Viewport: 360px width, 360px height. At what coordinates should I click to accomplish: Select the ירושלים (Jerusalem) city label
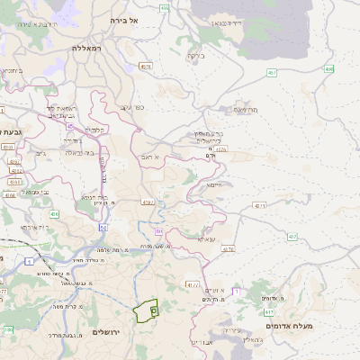(112, 332)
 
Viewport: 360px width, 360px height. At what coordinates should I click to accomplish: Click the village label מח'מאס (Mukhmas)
(246, 110)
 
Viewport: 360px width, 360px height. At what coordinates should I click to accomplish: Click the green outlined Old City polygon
(145, 310)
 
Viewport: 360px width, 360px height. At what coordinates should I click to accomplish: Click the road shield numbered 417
(293, 237)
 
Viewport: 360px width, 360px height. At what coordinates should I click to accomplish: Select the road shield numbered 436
(55, 215)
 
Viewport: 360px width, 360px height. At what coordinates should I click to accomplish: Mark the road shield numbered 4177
(193, 284)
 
